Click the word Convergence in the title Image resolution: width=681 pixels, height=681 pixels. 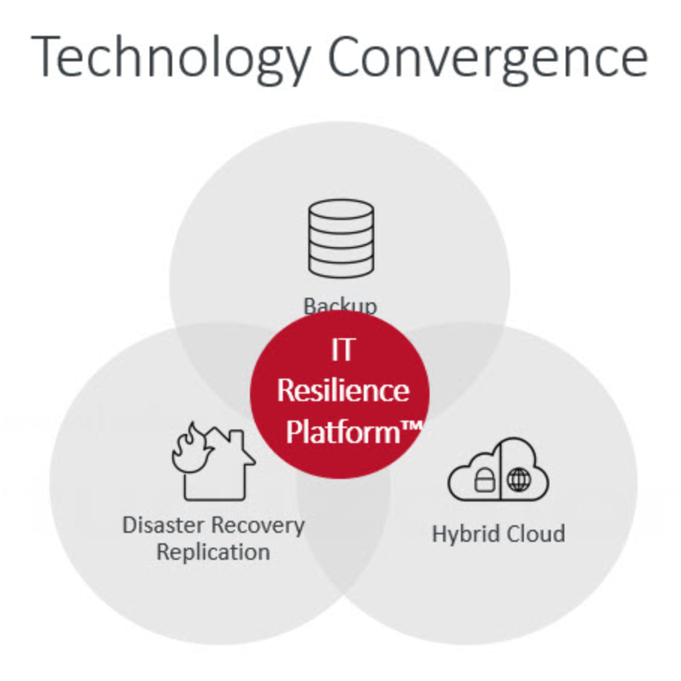[487, 58]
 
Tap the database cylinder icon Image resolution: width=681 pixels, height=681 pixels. [340, 238]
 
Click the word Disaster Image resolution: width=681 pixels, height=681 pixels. [163, 525]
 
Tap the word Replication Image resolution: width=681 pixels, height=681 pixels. [213, 552]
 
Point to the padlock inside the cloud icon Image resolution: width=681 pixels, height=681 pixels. [483, 480]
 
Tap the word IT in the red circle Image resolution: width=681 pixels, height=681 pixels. [341, 350]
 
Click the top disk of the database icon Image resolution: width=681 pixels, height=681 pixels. [340, 209]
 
